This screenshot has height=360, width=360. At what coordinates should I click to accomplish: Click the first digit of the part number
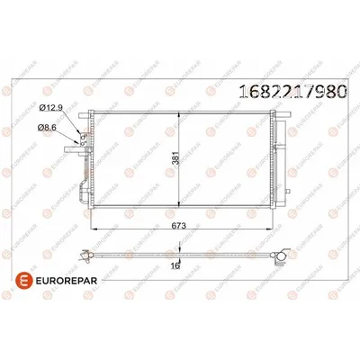pos(240,90)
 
